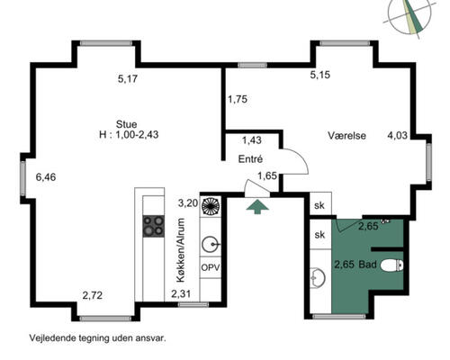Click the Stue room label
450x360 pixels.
point(126,124)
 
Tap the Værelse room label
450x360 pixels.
point(346,136)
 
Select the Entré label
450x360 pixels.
point(250,159)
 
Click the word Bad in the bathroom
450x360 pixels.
point(367,265)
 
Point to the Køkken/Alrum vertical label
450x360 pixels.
point(181,250)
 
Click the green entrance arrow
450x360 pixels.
point(257,207)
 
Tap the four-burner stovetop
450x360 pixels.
point(153,226)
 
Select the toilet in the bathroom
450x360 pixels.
point(391,265)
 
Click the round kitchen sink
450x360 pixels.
point(211,244)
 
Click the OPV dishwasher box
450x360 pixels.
point(211,267)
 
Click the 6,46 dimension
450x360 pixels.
point(46,177)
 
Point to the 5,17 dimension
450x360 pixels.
point(128,79)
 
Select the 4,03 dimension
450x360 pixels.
point(398,135)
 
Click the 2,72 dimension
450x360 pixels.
point(93,295)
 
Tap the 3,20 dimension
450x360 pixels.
point(188,203)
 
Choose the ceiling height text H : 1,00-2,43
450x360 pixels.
point(129,134)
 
